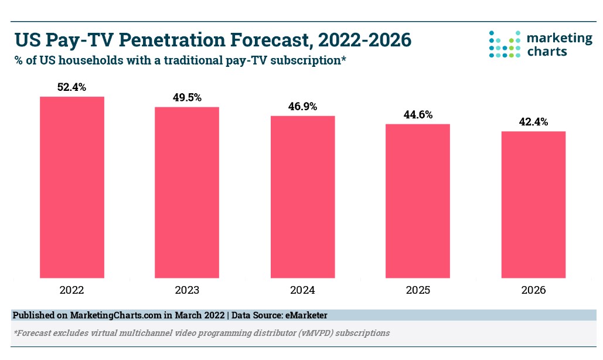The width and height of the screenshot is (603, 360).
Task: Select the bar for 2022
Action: click(71, 187)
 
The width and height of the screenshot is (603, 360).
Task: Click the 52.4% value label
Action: click(71, 87)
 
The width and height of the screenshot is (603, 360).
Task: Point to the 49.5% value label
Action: click(187, 98)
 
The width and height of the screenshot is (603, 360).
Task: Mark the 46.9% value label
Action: click(302, 107)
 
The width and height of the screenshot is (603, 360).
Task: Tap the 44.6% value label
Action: click(418, 115)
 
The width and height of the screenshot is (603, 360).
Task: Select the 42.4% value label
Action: click(533, 122)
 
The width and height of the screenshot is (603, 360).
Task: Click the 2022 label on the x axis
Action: click(71, 290)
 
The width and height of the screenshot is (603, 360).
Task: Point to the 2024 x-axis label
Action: click(302, 290)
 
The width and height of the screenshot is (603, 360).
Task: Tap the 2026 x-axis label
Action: click(533, 290)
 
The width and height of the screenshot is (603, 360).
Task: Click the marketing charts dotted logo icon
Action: click(505, 44)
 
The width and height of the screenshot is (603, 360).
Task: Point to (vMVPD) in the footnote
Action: click(314, 332)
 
